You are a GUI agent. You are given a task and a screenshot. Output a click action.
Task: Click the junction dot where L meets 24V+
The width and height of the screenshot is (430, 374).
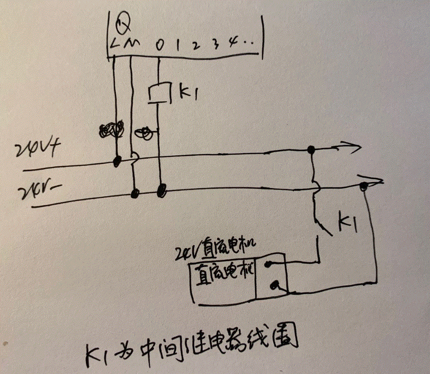pos(117,161)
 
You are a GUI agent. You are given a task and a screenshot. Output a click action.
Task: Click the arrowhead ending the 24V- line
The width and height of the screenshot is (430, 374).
pos(375,181)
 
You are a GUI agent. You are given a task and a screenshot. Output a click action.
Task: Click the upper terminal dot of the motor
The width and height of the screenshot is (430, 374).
pos(267,264)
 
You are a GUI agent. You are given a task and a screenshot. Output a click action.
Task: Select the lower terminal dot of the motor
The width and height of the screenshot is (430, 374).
pos(275,284)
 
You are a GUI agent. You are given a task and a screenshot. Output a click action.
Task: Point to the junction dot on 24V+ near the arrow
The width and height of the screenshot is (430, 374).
pos(312,150)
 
